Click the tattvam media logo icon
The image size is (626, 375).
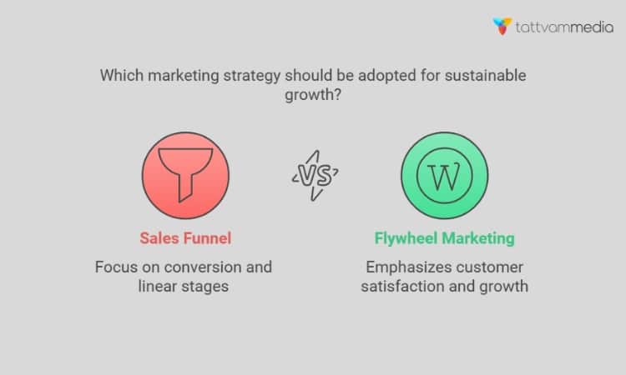(502, 26)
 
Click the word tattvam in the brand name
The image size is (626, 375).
(543, 26)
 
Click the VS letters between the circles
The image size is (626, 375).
(316, 175)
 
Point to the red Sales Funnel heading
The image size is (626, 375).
(184, 238)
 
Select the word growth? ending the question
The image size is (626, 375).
(313, 94)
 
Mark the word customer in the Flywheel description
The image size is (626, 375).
(488, 267)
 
